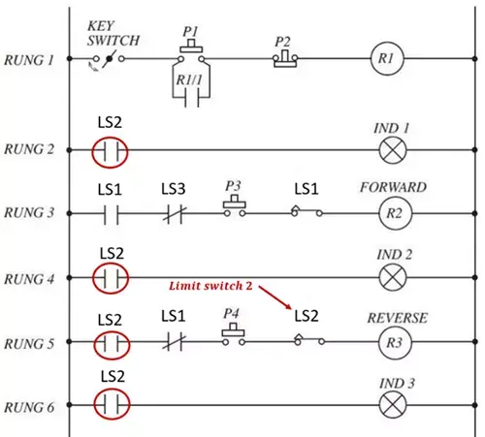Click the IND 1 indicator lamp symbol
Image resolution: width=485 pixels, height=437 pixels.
pos(393,150)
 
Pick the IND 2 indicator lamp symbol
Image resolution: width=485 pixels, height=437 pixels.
pos(393,277)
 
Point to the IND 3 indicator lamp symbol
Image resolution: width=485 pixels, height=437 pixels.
pos(393,405)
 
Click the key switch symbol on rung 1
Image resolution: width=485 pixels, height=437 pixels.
pos(109,60)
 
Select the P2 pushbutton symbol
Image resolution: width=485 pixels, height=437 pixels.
pos(285,58)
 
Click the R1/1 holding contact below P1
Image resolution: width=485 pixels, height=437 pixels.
pos(191,97)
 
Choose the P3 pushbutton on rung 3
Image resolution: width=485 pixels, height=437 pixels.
pos(235,206)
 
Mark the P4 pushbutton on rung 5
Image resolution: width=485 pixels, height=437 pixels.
pos(233,334)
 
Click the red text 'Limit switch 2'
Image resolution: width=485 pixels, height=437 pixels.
pos(210,286)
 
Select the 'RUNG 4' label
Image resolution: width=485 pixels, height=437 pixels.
pos(29,279)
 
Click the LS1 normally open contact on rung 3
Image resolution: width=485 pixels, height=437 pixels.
pos(111,214)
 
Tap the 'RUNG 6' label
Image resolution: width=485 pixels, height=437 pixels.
pos(29,407)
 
